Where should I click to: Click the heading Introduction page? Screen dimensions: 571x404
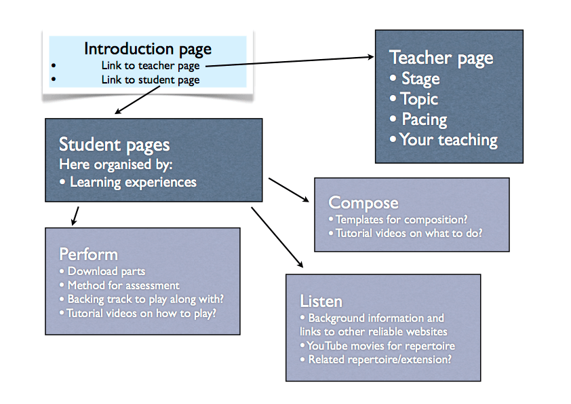147,49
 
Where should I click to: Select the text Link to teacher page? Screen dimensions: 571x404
151,66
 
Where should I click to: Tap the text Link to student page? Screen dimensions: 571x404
151,80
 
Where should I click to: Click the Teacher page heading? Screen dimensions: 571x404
441,58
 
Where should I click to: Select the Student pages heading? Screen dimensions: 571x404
115,145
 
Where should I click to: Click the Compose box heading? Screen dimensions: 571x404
363,203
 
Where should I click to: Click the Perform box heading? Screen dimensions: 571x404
88,255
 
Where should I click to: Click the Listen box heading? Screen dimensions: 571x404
321,301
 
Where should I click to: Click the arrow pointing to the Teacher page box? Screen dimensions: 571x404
290,61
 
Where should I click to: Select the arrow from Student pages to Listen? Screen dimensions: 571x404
277,238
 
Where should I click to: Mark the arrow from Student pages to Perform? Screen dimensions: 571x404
75,216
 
